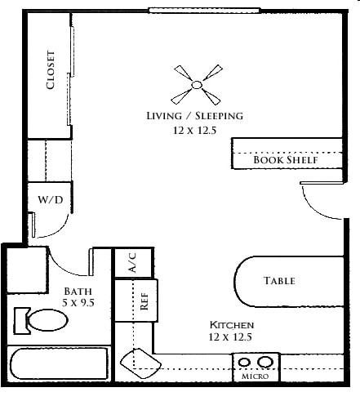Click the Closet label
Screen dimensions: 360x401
point(51,70)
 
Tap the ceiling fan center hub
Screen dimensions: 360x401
point(197,85)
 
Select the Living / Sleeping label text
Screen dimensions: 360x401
point(195,116)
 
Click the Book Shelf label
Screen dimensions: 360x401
point(286,160)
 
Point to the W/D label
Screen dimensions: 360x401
point(51,200)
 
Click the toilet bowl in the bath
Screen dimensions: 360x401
point(48,320)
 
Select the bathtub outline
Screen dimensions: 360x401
point(59,363)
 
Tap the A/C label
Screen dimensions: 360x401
point(132,263)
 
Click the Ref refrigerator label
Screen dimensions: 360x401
point(144,301)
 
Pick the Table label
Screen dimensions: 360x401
point(279,281)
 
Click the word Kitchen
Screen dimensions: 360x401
point(232,325)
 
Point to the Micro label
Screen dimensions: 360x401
point(256,376)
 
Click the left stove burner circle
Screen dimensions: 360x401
point(244,363)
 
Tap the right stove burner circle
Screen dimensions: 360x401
point(265,362)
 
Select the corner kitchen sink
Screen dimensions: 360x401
point(140,363)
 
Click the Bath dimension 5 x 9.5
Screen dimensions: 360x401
point(78,303)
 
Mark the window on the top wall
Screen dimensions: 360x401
point(204,11)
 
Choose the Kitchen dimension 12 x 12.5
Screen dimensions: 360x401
point(230,337)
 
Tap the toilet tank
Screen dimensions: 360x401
point(21,321)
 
